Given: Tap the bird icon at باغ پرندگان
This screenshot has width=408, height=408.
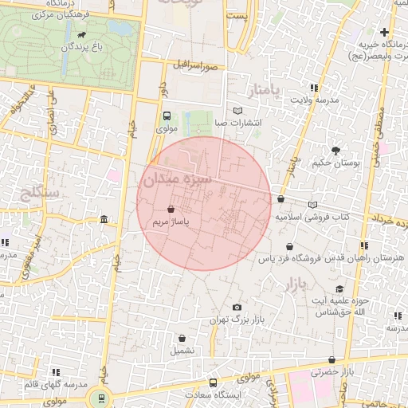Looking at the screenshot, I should pyautogui.click(x=83, y=36).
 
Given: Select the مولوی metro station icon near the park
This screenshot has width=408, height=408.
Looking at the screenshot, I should pyautogui.click(x=167, y=116).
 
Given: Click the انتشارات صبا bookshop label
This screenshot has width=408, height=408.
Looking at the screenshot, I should pyautogui.click(x=237, y=123).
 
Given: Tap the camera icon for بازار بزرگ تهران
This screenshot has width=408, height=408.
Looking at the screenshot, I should pyautogui.click(x=237, y=308).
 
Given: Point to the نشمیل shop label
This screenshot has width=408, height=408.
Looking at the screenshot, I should pyautogui.click(x=181, y=350).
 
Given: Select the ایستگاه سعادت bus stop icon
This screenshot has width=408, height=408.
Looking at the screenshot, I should pyautogui.click(x=213, y=382).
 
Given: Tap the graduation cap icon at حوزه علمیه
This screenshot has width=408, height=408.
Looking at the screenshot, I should pyautogui.click(x=339, y=289).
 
